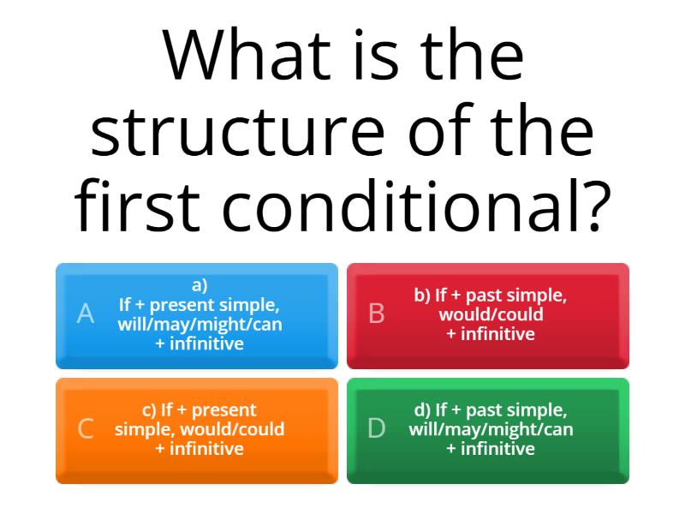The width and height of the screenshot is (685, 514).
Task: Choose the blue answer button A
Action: click(197, 315)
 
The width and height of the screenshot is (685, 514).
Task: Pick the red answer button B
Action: click(488, 315)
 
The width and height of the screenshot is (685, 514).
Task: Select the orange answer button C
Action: click(197, 430)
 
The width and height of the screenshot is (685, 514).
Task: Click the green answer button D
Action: click(488, 430)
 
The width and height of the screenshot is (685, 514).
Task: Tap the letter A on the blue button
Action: click(85, 314)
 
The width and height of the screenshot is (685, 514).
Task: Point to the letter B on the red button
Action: click(376, 314)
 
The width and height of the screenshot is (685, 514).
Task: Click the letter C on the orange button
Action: click(85, 429)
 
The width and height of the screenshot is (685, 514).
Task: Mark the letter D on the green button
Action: click(376, 429)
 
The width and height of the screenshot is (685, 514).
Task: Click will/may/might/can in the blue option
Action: click(200, 325)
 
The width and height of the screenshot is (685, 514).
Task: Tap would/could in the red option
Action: click(491, 314)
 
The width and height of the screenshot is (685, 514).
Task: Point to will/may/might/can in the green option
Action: click(491, 429)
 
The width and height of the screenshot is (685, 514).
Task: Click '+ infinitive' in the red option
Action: click(491, 334)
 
